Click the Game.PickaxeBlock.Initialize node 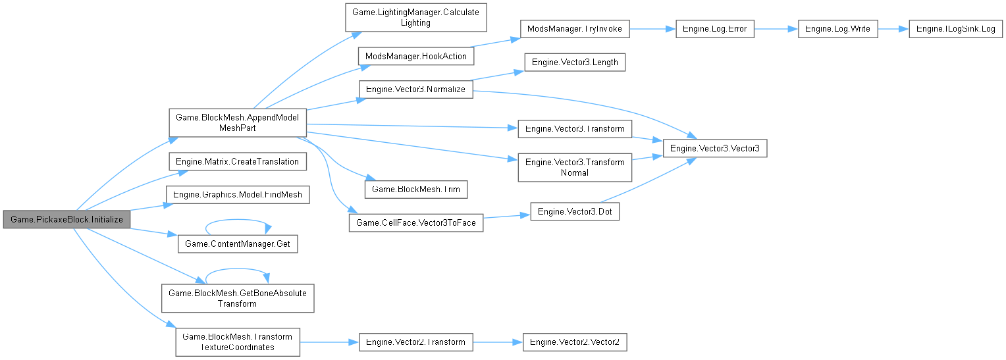coord(66,219)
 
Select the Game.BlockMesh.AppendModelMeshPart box coord(237,122)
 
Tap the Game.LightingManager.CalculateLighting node coord(416,18)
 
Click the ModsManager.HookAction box coord(415,56)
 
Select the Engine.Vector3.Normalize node coord(415,89)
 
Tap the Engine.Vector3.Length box coord(573,63)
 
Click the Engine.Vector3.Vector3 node coord(714,149)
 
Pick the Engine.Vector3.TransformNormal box coord(575,167)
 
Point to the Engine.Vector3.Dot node coord(575,212)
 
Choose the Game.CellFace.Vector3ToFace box coord(415,223)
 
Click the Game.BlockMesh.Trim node coord(416,190)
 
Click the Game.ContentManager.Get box coord(237,244)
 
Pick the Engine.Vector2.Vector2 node coord(575,342)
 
